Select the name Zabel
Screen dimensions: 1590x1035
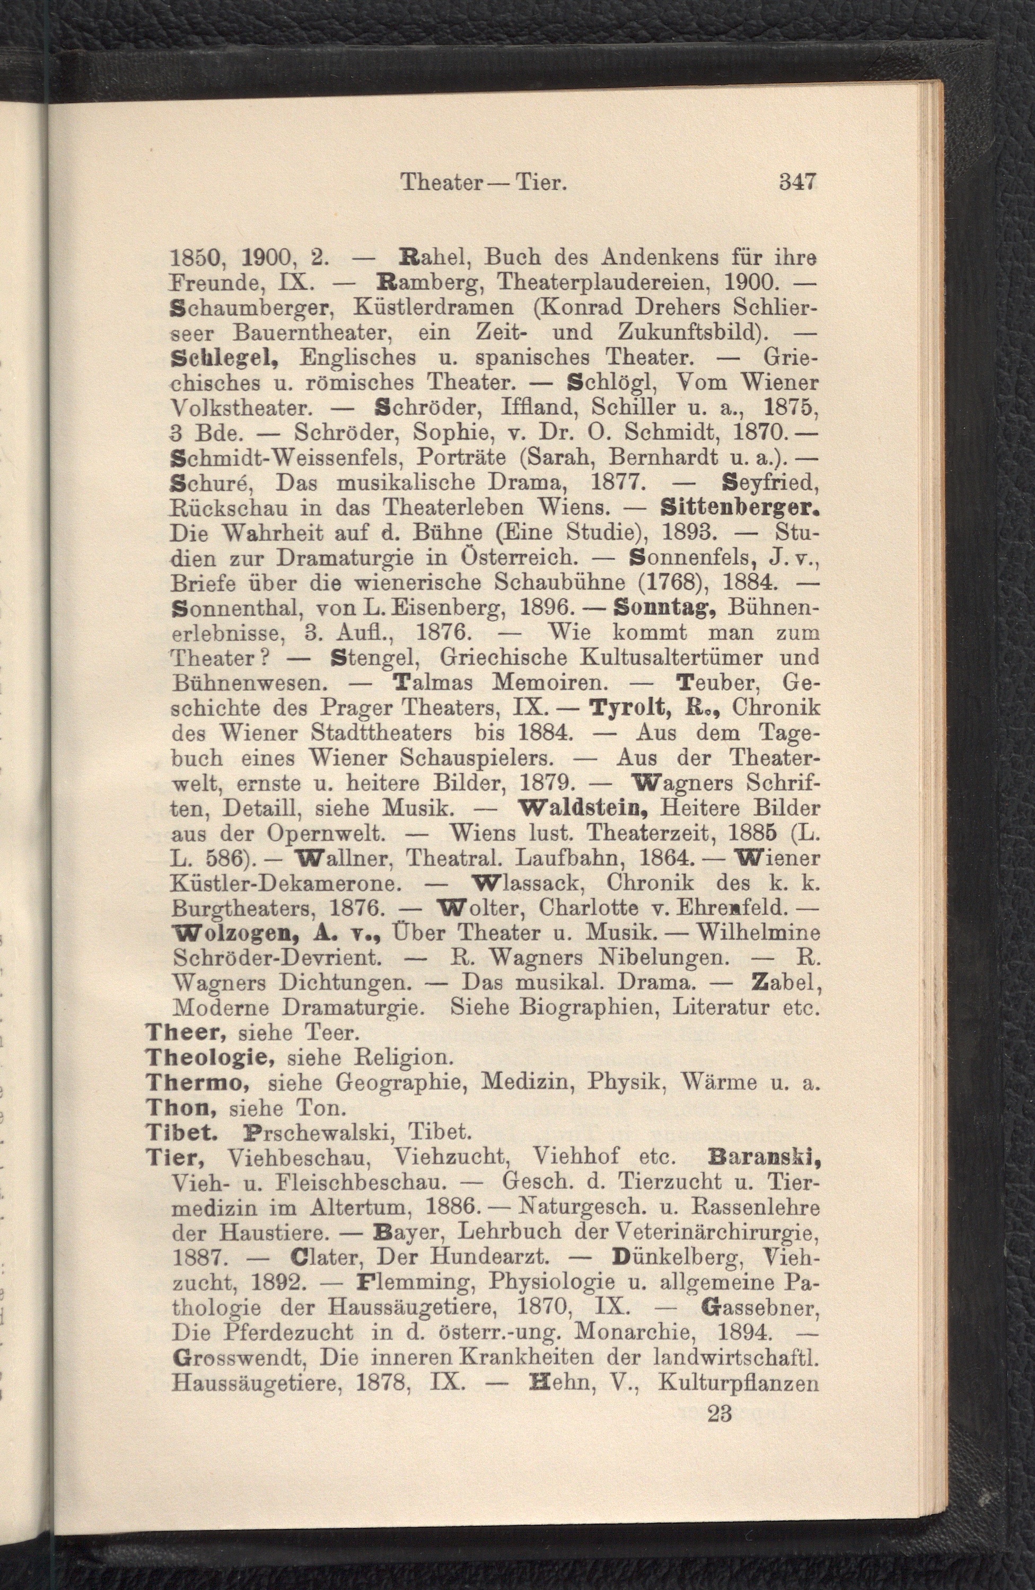[786, 983]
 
